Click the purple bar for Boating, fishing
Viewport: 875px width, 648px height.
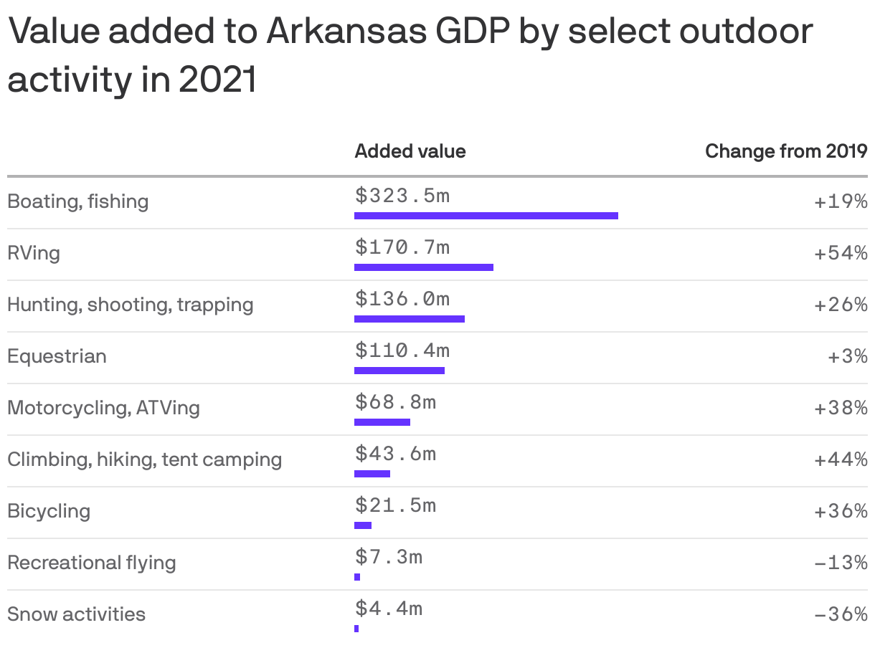click(486, 215)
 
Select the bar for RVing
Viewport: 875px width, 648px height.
click(423, 267)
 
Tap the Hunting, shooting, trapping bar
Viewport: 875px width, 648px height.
click(409, 318)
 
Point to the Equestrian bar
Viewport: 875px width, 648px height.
click(399, 370)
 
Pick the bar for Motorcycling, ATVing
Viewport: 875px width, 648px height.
click(382, 421)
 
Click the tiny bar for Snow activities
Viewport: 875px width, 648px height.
click(356, 628)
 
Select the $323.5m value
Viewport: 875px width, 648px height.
click(402, 195)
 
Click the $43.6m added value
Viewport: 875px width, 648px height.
click(395, 453)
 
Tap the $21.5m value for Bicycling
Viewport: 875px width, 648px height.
click(395, 505)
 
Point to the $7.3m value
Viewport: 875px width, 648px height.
click(389, 556)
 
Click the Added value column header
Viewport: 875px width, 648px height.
click(410, 151)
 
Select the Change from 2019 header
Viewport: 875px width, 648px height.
click(786, 151)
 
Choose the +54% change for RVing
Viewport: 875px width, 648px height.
click(841, 253)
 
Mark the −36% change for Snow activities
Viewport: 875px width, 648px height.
click(841, 614)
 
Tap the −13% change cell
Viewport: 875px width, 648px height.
click(841, 563)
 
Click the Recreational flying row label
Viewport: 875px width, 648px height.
click(91, 563)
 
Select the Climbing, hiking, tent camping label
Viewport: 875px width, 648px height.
click(144, 459)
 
